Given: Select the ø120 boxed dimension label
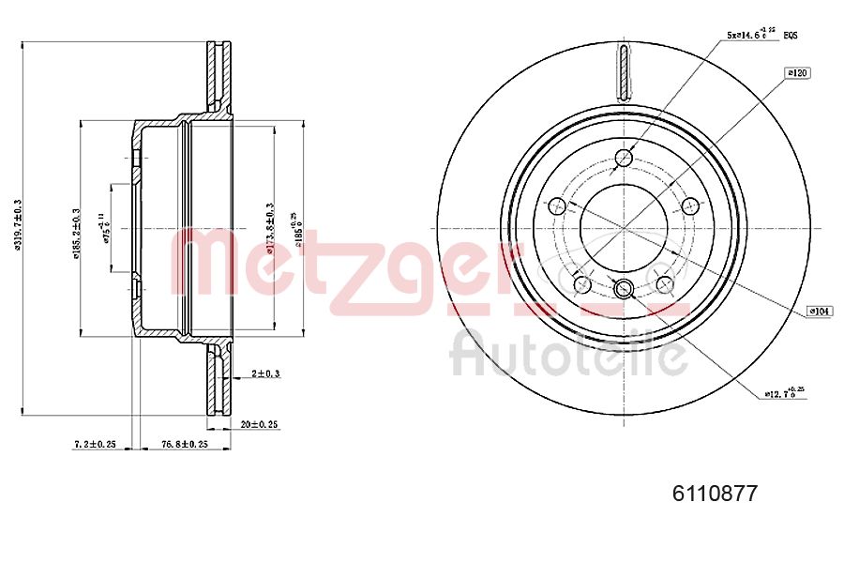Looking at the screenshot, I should coord(797,72).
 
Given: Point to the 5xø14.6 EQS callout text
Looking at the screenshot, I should coord(761,34).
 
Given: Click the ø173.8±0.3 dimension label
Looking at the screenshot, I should coord(270,228).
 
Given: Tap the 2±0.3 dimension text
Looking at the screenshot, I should coord(266,373).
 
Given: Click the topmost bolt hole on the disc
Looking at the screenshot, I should coord(625,159).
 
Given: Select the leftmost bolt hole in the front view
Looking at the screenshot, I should coord(556,206).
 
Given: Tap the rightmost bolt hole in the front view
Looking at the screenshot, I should coord(692,206).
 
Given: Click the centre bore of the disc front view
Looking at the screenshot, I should coord(625,227).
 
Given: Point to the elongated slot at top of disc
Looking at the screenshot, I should coord(625,71).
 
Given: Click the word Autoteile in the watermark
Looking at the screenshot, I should coord(569,354).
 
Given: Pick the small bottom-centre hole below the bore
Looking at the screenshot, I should coord(625,287).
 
